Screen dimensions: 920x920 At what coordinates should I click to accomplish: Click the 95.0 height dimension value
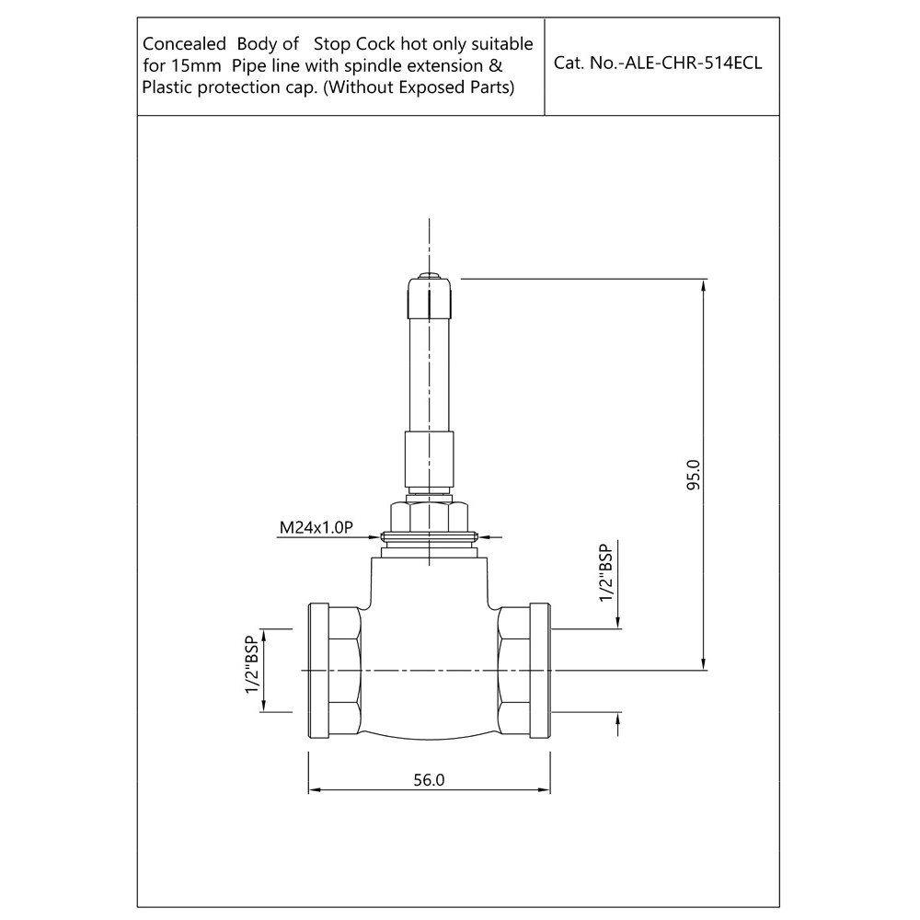point(694,475)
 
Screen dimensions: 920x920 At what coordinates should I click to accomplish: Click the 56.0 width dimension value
point(429,780)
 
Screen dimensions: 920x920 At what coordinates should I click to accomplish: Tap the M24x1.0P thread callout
point(316,527)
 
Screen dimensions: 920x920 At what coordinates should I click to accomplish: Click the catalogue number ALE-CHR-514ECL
point(693,63)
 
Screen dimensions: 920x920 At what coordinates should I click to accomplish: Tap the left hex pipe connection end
point(335,670)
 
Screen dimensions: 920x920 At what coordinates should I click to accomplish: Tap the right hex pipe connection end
point(524,670)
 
